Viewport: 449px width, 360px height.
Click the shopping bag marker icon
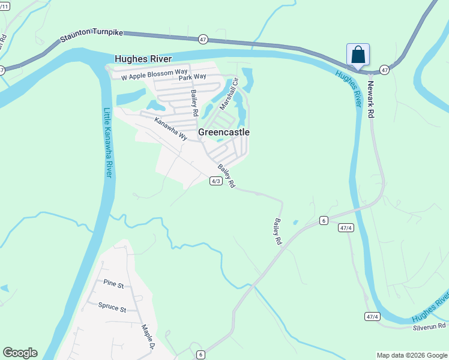pos(358,55)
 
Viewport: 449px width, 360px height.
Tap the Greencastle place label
pos(224,132)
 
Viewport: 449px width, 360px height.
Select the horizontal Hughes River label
pos(143,59)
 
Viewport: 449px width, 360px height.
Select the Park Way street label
pos(192,77)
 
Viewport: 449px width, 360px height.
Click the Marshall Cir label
pos(229,94)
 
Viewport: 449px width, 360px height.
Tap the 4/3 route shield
pos(215,181)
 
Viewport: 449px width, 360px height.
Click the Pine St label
pos(113,283)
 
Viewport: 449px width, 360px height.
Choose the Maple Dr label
pos(148,337)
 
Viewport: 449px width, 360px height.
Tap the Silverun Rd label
pos(429,327)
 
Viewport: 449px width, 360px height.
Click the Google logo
pos(20,353)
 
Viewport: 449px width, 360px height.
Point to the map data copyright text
pos(412,355)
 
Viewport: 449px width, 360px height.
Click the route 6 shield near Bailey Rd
pos(323,221)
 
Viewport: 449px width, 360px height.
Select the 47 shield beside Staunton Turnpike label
pos(203,40)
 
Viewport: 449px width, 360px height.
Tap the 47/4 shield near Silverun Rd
pos(372,316)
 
